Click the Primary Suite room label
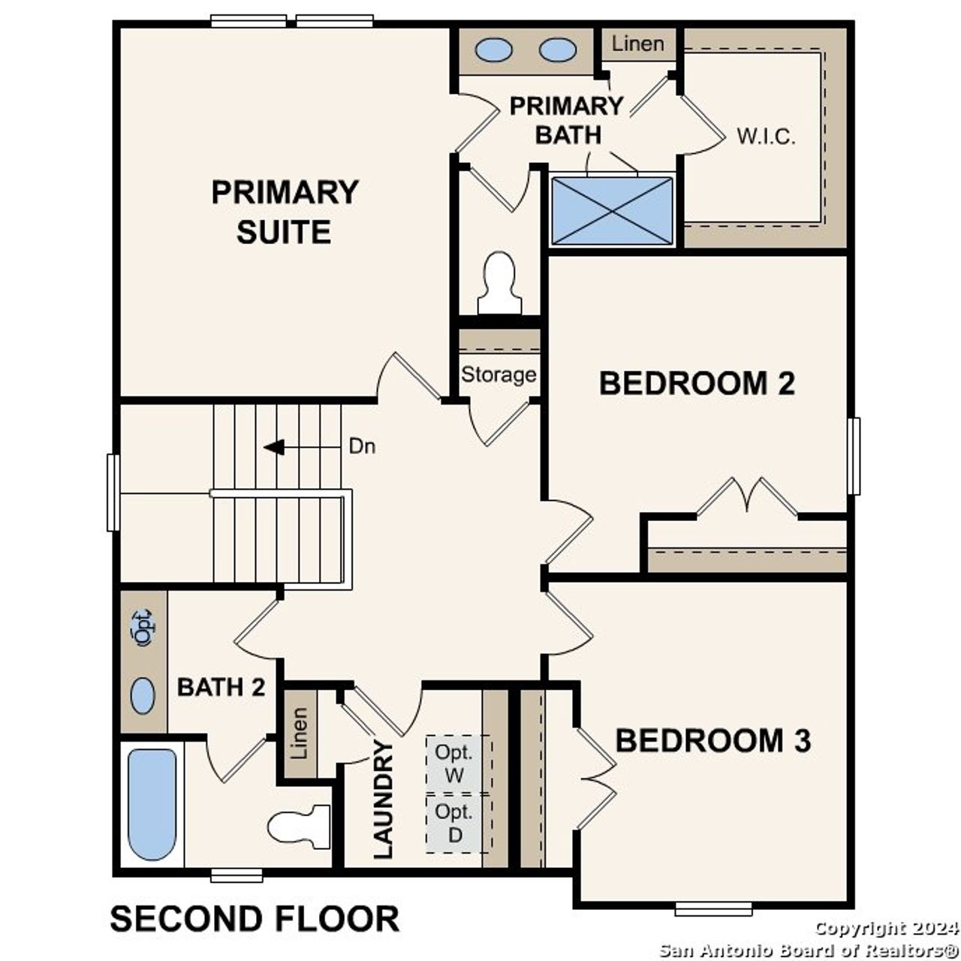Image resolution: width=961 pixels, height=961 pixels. [x=285, y=212]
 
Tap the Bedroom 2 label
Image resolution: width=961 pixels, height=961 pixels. [x=697, y=384]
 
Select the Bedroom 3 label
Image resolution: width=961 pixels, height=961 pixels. [x=712, y=740]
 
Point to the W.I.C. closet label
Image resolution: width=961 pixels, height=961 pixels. [x=765, y=137]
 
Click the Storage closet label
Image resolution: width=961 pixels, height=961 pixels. [x=499, y=374]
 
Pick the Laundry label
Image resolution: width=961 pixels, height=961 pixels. [x=384, y=800]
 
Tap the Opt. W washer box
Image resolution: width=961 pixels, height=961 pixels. [x=455, y=764]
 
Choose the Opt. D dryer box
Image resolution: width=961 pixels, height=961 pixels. [x=455, y=823]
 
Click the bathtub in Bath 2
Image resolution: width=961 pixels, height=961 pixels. [x=152, y=803]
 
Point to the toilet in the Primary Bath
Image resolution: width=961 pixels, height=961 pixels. [x=499, y=284]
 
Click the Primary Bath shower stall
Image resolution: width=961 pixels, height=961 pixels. [x=613, y=210]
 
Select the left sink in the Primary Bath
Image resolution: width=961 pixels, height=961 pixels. [x=494, y=50]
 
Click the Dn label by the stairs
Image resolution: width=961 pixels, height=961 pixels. [x=362, y=447]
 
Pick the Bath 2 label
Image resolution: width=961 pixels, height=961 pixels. [x=221, y=687]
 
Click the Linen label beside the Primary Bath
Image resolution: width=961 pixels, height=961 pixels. [x=637, y=44]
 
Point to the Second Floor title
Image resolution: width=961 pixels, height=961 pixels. [x=255, y=919]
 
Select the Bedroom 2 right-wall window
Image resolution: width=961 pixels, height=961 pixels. [x=854, y=456]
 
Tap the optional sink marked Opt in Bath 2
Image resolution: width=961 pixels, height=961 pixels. [x=142, y=627]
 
